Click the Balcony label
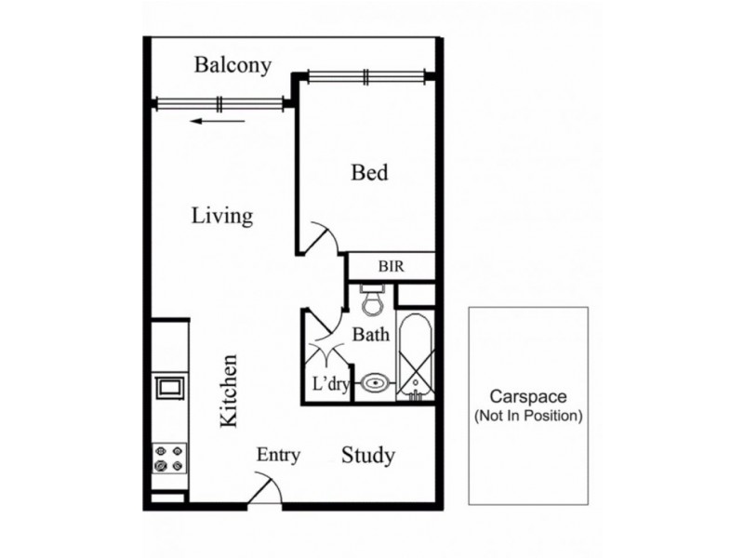[232, 65]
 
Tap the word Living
[222, 216]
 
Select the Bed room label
[369, 172]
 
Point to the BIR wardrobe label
[392, 266]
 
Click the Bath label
[370, 335]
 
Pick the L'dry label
[331, 383]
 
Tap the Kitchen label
[228, 391]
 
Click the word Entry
[278, 455]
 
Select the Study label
[368, 456]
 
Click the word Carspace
[527, 396]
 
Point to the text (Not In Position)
[528, 416]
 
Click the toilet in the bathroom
[373, 299]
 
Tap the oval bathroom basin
[376, 382]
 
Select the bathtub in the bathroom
[415, 357]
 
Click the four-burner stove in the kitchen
[169, 458]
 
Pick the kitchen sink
[169, 387]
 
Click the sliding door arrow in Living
[218, 122]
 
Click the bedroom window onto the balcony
[365, 77]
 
